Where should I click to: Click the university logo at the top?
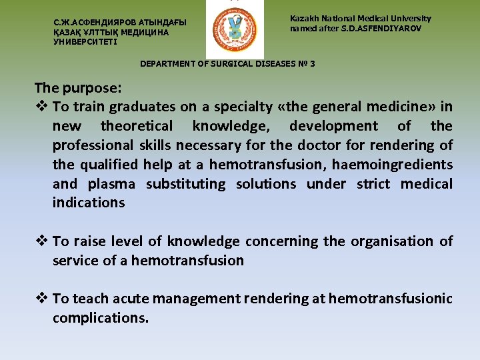tap(234, 31)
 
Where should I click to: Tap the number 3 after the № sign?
tap(312, 64)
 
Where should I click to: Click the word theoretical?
tap(137, 126)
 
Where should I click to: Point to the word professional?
tap(94, 145)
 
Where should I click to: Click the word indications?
tap(89, 203)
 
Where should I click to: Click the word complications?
tap(100, 319)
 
